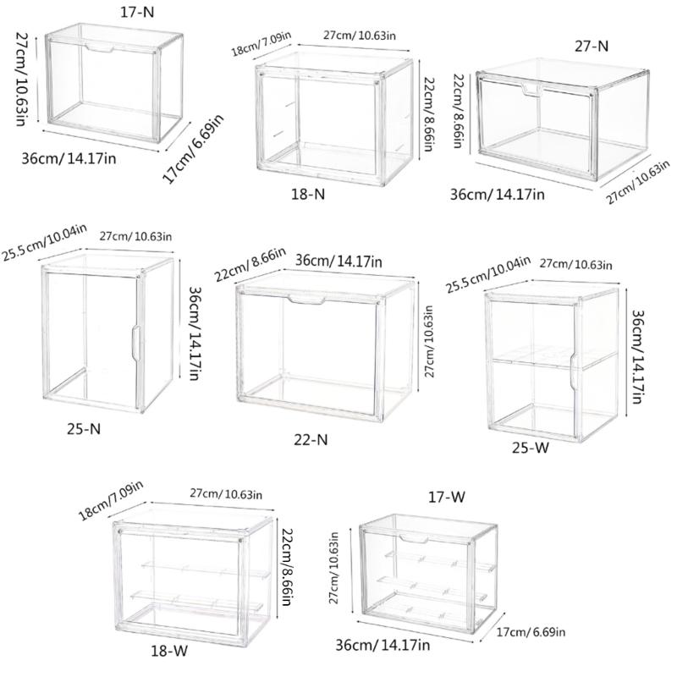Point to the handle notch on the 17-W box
point(415,538)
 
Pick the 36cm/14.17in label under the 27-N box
point(496,195)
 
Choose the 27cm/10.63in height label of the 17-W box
point(336,573)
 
